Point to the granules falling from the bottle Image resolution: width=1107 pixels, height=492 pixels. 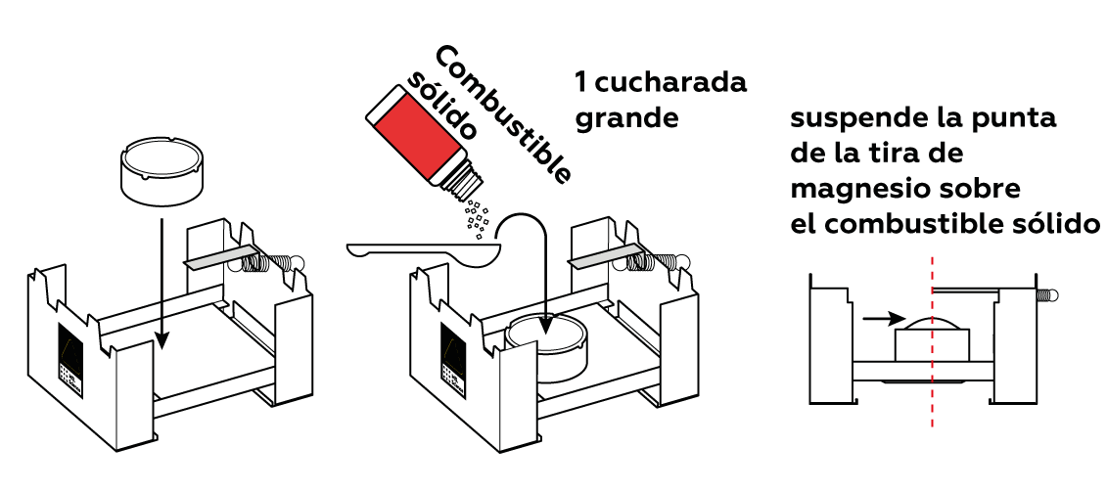point(476,216)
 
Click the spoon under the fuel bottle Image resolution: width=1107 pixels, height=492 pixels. point(424,252)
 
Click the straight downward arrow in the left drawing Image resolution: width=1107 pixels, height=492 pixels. point(162,284)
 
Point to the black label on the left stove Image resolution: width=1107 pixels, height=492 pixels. point(69,361)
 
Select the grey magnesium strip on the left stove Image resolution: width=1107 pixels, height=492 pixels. point(221,257)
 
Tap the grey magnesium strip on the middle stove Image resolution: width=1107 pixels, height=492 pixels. point(605,257)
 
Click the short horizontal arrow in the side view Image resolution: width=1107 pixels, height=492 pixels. point(883,318)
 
